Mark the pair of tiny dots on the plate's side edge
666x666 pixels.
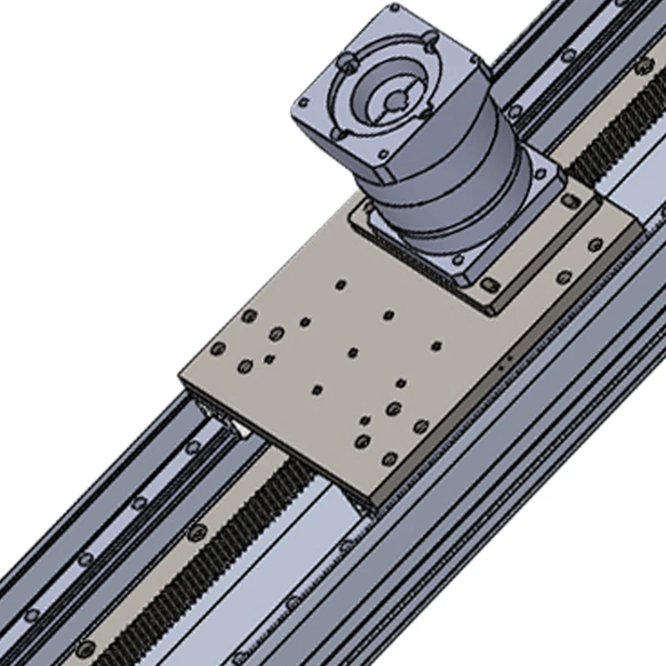click(505, 362)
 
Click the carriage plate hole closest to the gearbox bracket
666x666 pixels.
click(340, 285)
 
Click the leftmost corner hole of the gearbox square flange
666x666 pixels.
click(302, 103)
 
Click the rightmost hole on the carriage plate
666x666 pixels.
click(595, 245)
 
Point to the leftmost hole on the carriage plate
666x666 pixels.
click(218, 348)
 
